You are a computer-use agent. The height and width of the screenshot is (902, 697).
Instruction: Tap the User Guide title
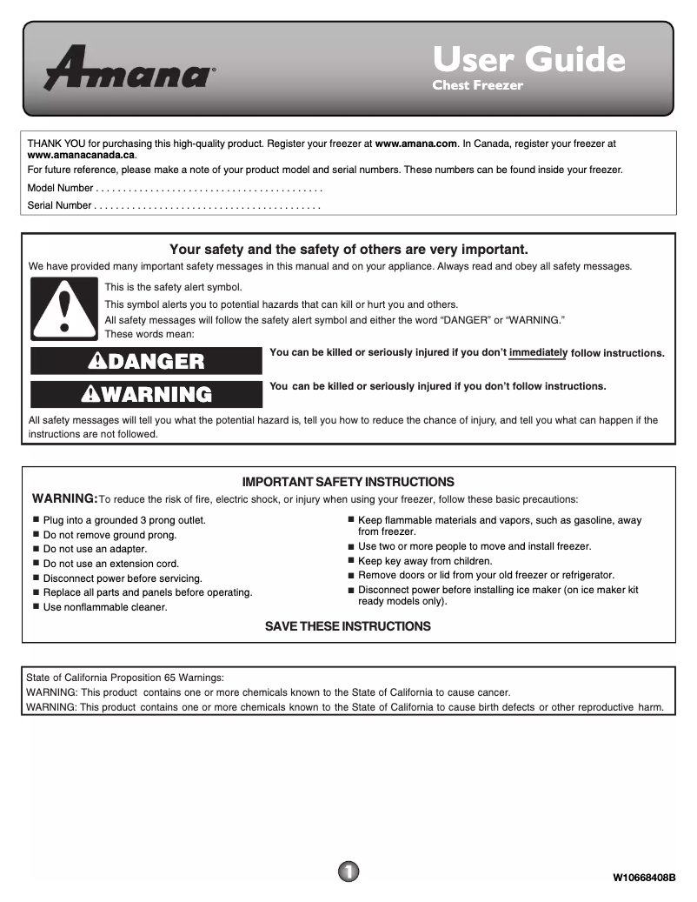(528, 59)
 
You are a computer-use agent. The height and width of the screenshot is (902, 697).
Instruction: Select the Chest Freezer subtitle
(477, 85)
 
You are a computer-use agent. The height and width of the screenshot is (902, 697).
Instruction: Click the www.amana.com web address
(415, 144)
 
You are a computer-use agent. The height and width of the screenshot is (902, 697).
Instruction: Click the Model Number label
(60, 188)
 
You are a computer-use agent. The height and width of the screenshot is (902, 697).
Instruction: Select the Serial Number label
(59, 206)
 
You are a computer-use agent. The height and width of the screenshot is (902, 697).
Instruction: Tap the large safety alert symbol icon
(64, 309)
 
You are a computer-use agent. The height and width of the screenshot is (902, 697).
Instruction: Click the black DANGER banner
(146, 361)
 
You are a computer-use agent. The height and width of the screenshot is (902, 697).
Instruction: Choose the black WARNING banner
(146, 394)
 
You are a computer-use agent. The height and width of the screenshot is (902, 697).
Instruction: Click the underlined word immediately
(538, 352)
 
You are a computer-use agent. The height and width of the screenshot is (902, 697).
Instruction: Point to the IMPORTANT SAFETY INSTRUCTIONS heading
(348, 482)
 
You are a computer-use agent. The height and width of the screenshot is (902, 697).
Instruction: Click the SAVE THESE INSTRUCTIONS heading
(348, 626)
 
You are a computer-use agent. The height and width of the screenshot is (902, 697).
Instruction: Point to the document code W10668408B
(644, 876)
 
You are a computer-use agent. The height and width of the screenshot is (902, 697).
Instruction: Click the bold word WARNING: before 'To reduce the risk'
(65, 498)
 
